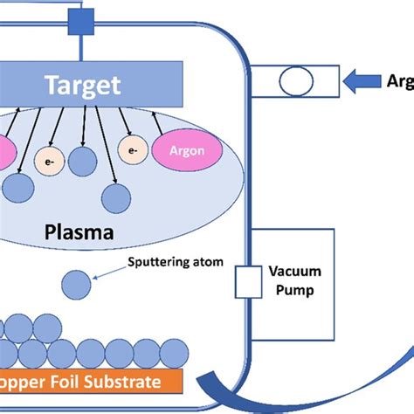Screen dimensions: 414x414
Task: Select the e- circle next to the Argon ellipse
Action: pyautogui.click(x=132, y=150)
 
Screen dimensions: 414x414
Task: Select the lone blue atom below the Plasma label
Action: pyautogui.click(x=76, y=283)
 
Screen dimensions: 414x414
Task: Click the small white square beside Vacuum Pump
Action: pyautogui.click(x=245, y=281)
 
